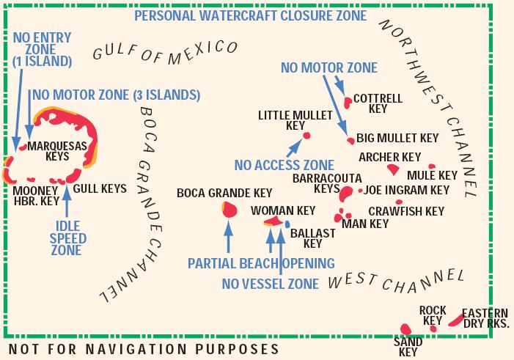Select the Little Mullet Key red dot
tap(306, 135)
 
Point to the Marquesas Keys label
tap(57, 150)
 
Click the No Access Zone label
tap(284, 165)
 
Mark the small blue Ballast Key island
tap(288, 223)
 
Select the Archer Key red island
tap(393, 169)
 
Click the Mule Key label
tap(432, 175)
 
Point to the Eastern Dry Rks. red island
tap(455, 320)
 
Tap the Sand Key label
tap(407, 347)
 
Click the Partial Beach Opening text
tap(261, 262)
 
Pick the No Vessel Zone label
tap(271, 283)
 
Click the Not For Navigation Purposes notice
tap(143, 348)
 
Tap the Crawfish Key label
tap(405, 212)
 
